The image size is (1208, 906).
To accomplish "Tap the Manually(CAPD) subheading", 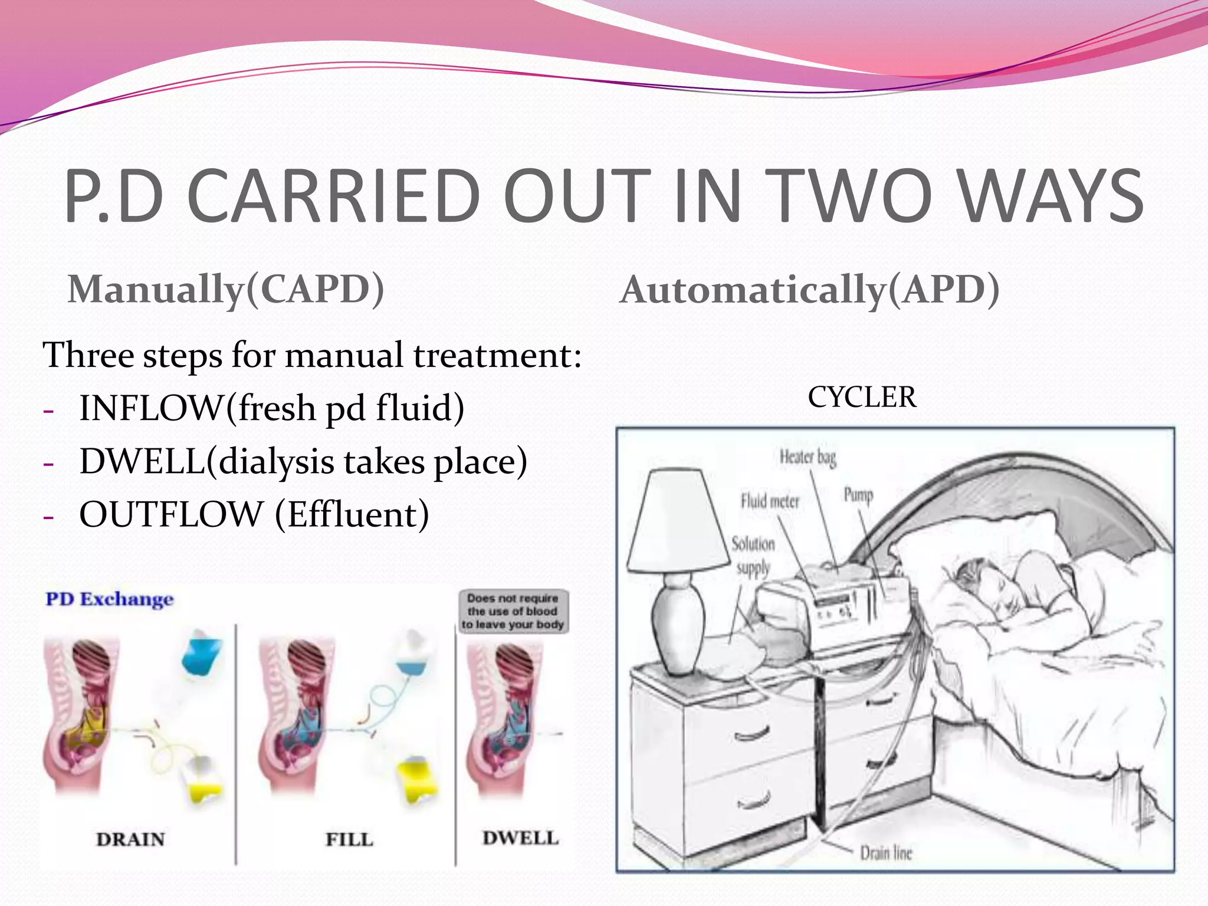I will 226,290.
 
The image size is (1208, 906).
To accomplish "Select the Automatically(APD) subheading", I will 810,290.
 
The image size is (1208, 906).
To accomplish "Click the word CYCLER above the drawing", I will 862,397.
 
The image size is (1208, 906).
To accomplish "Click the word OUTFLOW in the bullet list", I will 171,514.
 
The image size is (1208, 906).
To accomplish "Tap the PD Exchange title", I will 110,599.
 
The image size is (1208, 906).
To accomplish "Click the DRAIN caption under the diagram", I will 130,839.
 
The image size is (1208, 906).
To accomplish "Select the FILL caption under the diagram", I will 349,839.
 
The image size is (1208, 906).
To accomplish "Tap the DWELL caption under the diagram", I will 520,838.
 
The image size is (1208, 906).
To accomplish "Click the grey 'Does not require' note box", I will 513,611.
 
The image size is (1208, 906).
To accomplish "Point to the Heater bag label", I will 807,457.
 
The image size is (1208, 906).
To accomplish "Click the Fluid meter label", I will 770,501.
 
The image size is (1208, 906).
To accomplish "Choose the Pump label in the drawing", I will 858,494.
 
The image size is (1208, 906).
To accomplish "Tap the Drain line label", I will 885,853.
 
